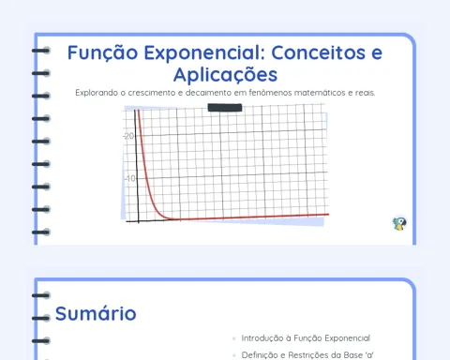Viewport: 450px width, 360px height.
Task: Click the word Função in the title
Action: click(x=102, y=53)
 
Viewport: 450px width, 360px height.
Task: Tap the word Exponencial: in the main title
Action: click(x=204, y=53)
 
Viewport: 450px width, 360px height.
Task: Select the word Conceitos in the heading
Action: click(x=318, y=52)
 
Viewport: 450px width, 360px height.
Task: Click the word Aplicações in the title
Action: click(x=225, y=75)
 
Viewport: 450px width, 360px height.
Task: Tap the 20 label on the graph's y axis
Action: click(x=129, y=136)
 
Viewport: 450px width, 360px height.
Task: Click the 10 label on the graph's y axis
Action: click(x=130, y=178)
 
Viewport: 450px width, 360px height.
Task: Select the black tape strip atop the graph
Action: click(x=225, y=108)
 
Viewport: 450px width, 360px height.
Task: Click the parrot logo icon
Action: click(x=399, y=224)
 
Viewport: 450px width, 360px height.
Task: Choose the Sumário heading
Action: click(x=96, y=314)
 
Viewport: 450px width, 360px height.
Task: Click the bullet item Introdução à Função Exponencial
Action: click(x=306, y=338)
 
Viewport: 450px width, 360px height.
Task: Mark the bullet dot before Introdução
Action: click(x=234, y=338)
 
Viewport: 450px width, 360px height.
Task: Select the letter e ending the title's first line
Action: click(x=377, y=53)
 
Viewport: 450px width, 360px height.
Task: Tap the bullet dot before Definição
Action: click(x=234, y=355)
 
